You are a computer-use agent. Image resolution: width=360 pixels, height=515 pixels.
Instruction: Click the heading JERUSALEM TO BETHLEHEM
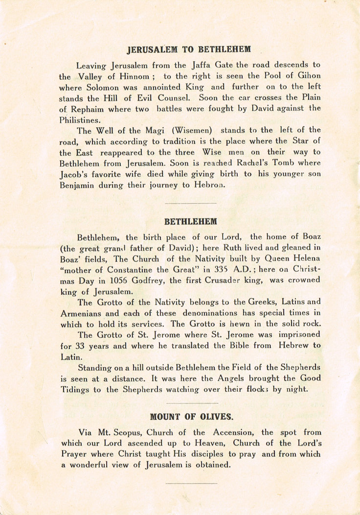189,49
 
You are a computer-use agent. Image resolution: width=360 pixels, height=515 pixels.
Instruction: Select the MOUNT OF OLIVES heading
192,417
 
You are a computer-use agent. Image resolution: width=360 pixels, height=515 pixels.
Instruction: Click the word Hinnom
133,77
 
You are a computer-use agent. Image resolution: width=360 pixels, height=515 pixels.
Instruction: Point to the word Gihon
308,76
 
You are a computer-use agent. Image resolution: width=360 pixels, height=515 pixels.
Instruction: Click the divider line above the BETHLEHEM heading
191,202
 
